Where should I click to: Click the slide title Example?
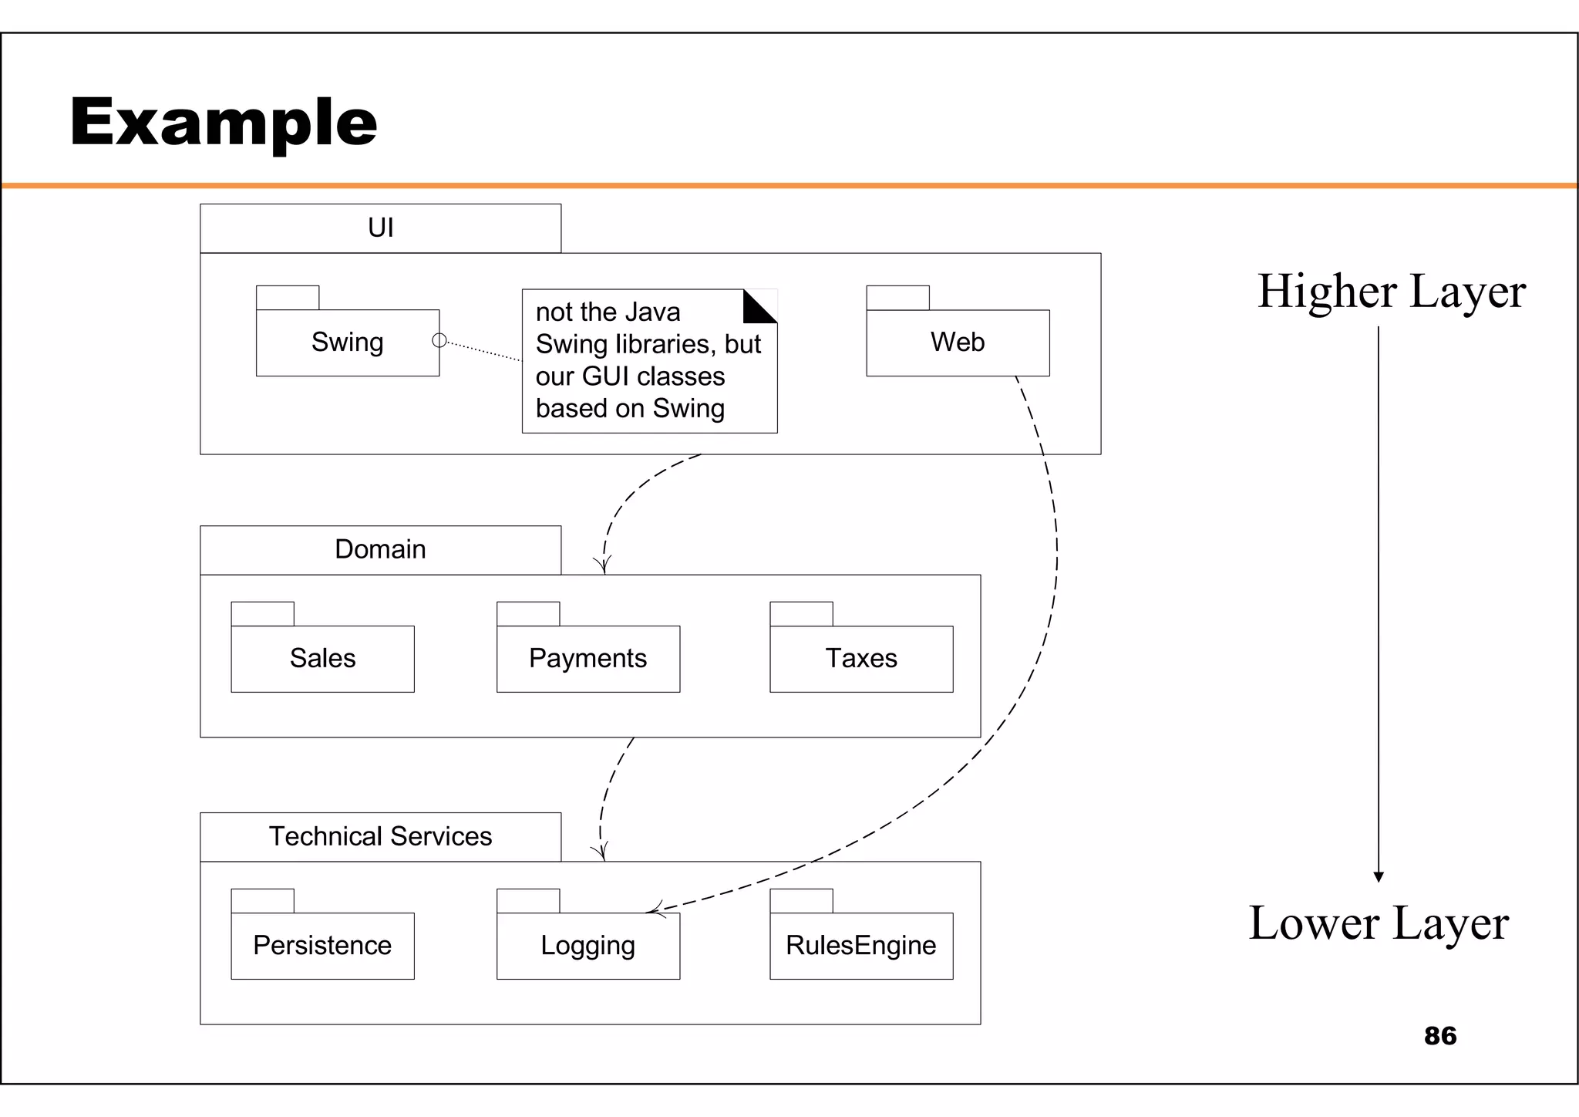click(224, 122)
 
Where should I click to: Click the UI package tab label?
click(380, 228)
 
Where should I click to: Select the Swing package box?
click(347, 343)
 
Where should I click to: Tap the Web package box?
click(958, 343)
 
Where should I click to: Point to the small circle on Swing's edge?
click(439, 340)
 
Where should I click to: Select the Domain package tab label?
click(380, 549)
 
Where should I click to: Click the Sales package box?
click(322, 659)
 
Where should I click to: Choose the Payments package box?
click(587, 659)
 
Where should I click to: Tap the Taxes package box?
click(861, 659)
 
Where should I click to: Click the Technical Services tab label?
click(380, 836)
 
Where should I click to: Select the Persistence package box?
click(322, 946)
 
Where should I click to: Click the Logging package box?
click(587, 946)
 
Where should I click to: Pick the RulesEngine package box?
click(861, 946)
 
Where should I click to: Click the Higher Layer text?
click(1391, 292)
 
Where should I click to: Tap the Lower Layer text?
click(1379, 923)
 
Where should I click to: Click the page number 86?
click(1439, 1036)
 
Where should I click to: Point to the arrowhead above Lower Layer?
click(1379, 876)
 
